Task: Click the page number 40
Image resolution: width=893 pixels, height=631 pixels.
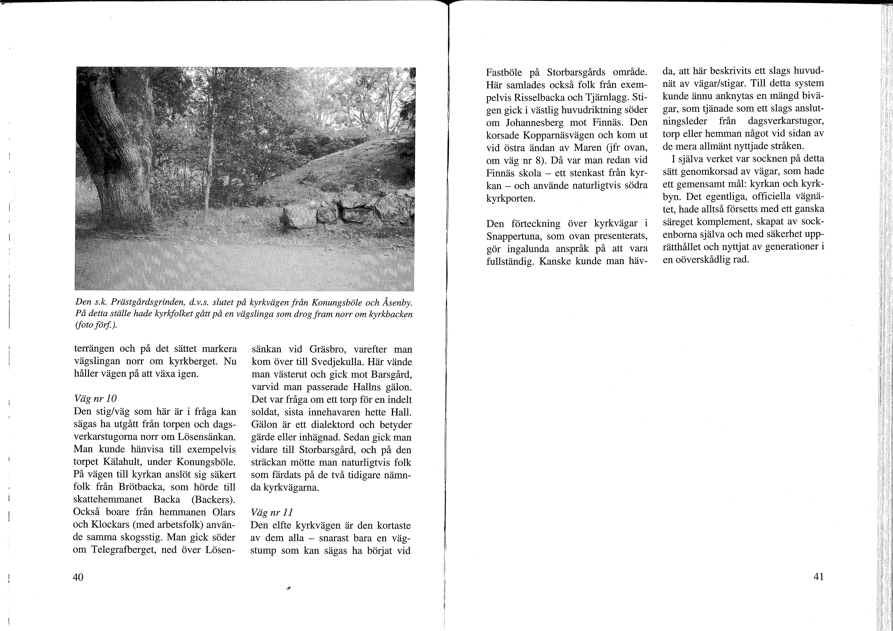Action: tap(78, 577)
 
